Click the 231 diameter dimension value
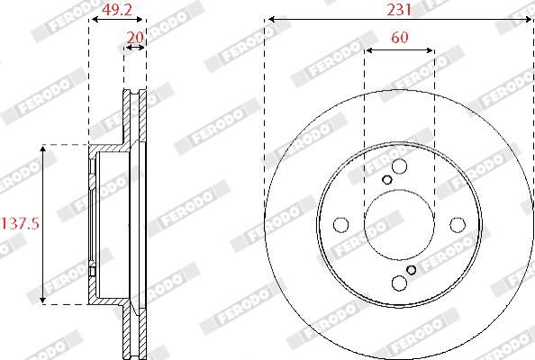[x=399, y=10]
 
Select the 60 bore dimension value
[x=400, y=38]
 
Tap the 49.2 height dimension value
[x=117, y=10]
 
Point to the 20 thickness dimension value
[x=135, y=37]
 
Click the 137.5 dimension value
[x=21, y=224]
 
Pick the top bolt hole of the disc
[x=399, y=166]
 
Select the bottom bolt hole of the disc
[x=399, y=283]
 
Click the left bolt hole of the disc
[x=340, y=225]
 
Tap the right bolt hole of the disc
[x=458, y=225]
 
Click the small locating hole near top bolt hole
[x=387, y=180]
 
